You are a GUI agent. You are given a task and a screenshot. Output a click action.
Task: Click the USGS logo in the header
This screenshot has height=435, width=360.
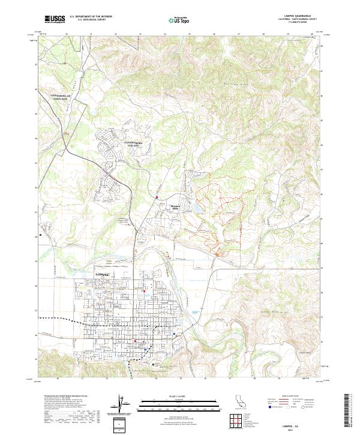(54, 19)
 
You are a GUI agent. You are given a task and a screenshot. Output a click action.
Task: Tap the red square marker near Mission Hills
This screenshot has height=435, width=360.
(157, 197)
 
